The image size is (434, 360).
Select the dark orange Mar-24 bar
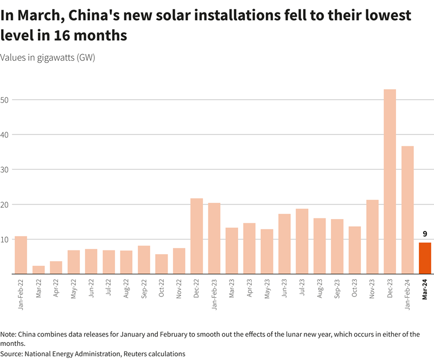[425, 258]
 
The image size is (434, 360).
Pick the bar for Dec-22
[196, 236]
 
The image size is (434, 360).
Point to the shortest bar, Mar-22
[39, 270]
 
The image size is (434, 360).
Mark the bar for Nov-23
[372, 237]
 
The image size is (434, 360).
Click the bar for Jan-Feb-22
[21, 255]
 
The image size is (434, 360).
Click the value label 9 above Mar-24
[425, 234]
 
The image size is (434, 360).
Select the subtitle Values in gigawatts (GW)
[48, 58]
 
